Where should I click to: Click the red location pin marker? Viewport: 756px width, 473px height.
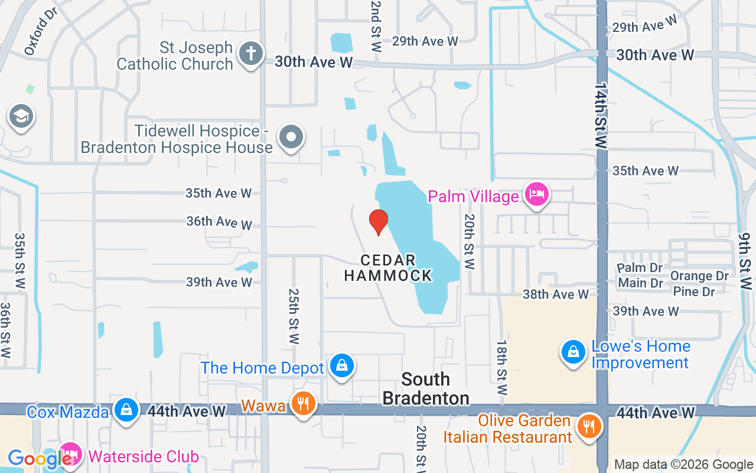click(378, 222)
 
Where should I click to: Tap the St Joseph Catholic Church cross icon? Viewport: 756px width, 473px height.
click(250, 54)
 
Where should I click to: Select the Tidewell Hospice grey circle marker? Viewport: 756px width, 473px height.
click(291, 138)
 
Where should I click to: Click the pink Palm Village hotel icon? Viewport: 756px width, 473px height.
click(537, 195)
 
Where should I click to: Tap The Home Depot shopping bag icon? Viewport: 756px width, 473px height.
click(342, 366)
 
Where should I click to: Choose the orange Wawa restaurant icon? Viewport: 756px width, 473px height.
click(303, 404)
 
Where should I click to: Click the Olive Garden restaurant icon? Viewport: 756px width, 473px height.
click(588, 426)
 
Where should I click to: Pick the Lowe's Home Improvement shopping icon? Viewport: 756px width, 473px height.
click(572, 352)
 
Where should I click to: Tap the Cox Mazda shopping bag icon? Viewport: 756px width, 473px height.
click(126, 410)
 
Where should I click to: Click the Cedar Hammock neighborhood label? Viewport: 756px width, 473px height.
click(388, 268)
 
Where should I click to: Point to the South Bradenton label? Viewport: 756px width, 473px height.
click(426, 388)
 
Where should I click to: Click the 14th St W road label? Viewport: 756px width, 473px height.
click(601, 115)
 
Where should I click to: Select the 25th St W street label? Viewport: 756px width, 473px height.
click(294, 316)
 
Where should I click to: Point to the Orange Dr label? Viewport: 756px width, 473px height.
click(699, 276)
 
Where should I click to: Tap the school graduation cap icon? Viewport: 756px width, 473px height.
click(21, 116)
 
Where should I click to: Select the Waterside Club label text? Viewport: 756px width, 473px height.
click(144, 456)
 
